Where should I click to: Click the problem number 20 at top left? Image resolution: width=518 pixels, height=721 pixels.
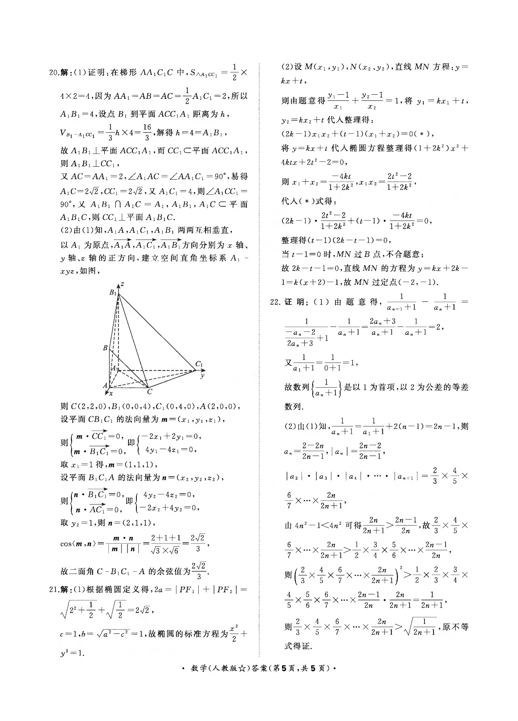tap(53, 73)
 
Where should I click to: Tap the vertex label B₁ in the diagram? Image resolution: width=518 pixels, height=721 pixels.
tap(113, 292)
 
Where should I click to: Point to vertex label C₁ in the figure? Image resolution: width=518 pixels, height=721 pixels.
tap(199, 364)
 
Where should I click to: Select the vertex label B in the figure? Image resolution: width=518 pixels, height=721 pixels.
tap(105, 348)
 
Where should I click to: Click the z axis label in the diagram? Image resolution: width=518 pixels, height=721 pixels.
tap(122, 284)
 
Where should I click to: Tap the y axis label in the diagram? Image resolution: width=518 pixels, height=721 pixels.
tap(202, 375)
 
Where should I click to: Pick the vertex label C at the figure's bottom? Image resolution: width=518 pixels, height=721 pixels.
tap(149, 392)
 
